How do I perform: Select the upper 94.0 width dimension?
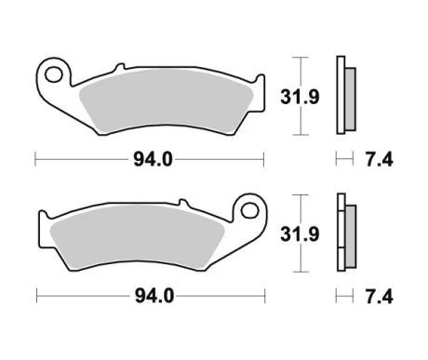pyautogui.click(x=153, y=159)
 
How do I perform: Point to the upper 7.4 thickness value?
pyautogui.click(x=379, y=160)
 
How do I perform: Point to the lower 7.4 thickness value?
pyautogui.click(x=379, y=298)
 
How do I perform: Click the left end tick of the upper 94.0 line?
pyautogui.click(x=35, y=159)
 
